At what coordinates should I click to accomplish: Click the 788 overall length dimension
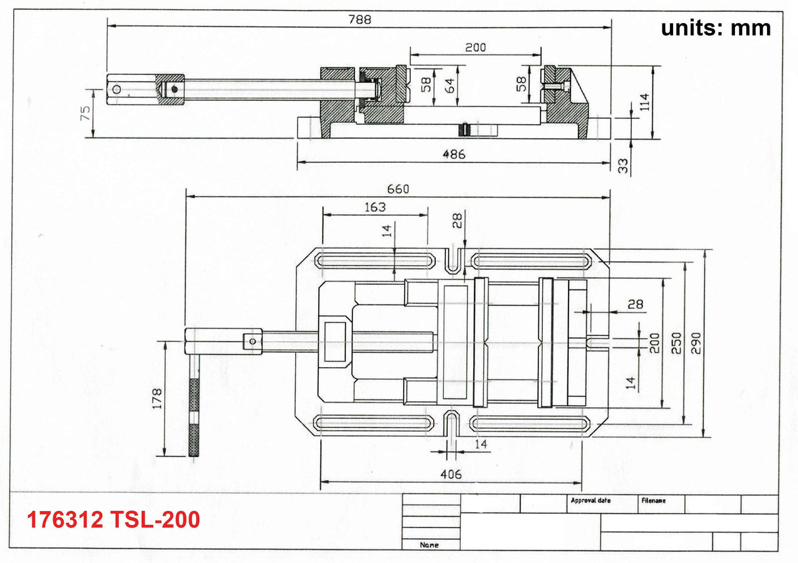[360, 19]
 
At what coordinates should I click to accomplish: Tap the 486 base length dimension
[454, 155]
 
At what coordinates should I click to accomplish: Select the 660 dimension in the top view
[398, 189]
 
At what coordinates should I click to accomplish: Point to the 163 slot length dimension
[375, 207]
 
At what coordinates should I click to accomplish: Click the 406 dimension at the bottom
[451, 474]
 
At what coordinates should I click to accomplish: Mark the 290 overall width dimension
[697, 342]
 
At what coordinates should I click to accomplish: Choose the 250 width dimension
[676, 342]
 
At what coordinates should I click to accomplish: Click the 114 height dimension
[645, 101]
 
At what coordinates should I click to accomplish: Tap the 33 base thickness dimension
[623, 165]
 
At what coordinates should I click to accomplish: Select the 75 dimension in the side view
[85, 113]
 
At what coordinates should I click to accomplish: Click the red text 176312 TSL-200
[113, 520]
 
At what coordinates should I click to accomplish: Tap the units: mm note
[715, 28]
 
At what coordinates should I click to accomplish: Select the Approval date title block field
[590, 501]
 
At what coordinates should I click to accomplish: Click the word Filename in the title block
[653, 501]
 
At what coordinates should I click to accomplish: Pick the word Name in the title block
[429, 545]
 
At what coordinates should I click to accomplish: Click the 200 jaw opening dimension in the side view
[475, 47]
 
